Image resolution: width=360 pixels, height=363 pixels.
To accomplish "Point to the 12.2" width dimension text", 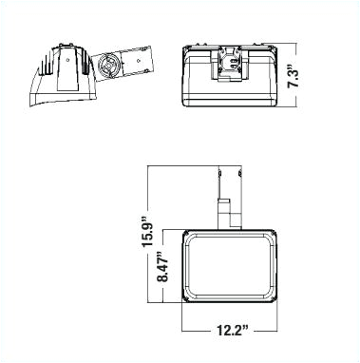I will [230, 331].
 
